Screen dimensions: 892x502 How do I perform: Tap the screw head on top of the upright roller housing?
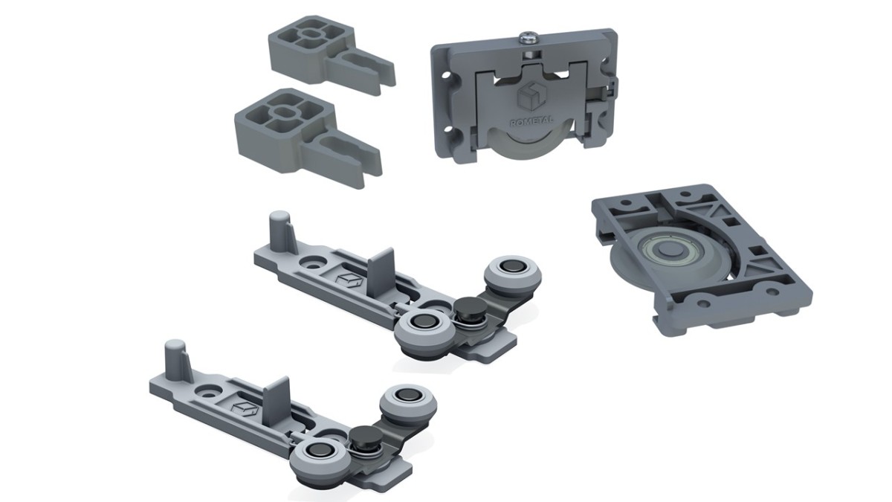point(530,38)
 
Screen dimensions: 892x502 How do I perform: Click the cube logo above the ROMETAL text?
point(532,97)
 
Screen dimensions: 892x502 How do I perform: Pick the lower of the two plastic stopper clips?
point(308,138)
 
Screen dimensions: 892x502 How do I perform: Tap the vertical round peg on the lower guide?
point(175,358)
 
